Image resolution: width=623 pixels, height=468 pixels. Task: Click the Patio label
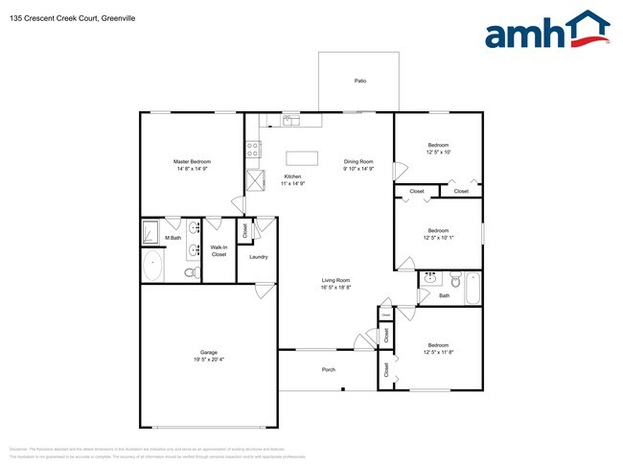tap(359, 82)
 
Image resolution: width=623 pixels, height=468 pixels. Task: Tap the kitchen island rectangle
tap(301, 158)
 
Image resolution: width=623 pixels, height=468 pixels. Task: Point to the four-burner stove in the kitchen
tap(254, 149)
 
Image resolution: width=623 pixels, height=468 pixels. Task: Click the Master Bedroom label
tap(192, 161)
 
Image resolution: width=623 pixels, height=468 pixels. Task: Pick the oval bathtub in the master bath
tap(152, 267)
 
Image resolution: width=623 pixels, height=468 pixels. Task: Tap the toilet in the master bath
tap(191, 272)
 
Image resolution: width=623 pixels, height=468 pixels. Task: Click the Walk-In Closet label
tap(219, 251)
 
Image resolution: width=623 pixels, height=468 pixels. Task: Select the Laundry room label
tap(258, 257)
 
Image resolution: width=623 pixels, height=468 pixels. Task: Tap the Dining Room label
tap(358, 161)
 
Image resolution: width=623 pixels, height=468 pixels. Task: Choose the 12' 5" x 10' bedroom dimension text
tap(439, 152)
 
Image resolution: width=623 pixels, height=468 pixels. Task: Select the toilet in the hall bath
tap(451, 280)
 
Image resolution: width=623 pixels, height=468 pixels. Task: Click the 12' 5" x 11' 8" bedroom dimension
tap(438, 352)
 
